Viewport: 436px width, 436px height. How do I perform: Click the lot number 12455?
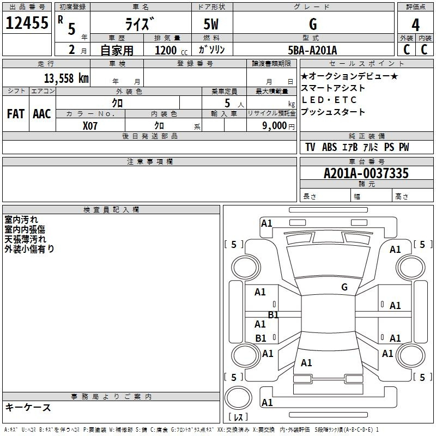coord(27,23)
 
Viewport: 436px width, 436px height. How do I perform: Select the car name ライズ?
coord(138,25)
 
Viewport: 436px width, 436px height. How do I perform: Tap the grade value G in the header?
coord(312,25)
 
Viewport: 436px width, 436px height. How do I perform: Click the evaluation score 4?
coord(415,25)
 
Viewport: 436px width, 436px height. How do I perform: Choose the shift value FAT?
coord(15,113)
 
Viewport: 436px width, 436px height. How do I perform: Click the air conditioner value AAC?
coord(42,113)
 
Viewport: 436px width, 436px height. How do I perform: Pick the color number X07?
coord(90,125)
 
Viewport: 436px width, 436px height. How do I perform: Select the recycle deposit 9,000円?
coord(278,126)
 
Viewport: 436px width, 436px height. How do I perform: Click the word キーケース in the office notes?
coord(28,408)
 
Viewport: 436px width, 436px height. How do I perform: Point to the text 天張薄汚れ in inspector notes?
coord(26,239)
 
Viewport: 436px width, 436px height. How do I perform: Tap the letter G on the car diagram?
coord(344,287)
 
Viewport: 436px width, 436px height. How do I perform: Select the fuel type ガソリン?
coord(212,50)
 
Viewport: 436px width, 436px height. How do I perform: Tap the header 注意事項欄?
coord(150,162)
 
